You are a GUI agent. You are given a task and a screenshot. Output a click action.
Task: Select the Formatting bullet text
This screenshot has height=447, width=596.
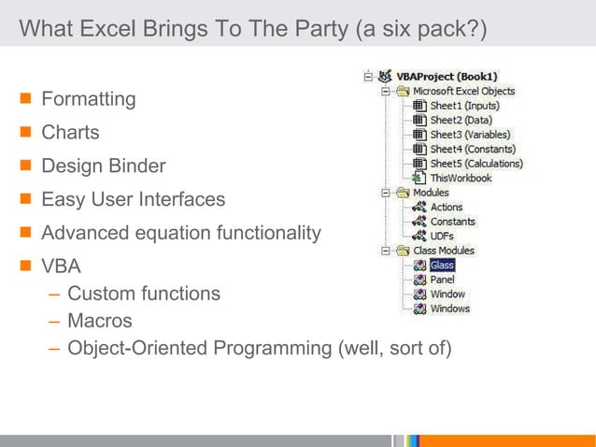pos(88,98)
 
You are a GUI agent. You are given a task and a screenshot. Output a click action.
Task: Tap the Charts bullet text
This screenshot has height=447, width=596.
pos(70,132)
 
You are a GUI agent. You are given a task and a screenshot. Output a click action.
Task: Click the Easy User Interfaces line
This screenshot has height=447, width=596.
pos(133,199)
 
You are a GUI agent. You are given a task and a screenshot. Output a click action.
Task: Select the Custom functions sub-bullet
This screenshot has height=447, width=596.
pos(144,294)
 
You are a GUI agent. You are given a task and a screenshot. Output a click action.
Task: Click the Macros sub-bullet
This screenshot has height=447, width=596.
pos(99,321)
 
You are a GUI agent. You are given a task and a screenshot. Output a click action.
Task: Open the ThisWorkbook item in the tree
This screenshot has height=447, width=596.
pos(460,178)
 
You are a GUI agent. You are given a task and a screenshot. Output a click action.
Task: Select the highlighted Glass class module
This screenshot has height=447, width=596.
pos(442,266)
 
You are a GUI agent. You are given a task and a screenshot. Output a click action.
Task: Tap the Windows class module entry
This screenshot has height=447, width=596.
pos(450,309)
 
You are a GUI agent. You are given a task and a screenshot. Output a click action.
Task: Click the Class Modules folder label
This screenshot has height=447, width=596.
pos(444,251)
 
